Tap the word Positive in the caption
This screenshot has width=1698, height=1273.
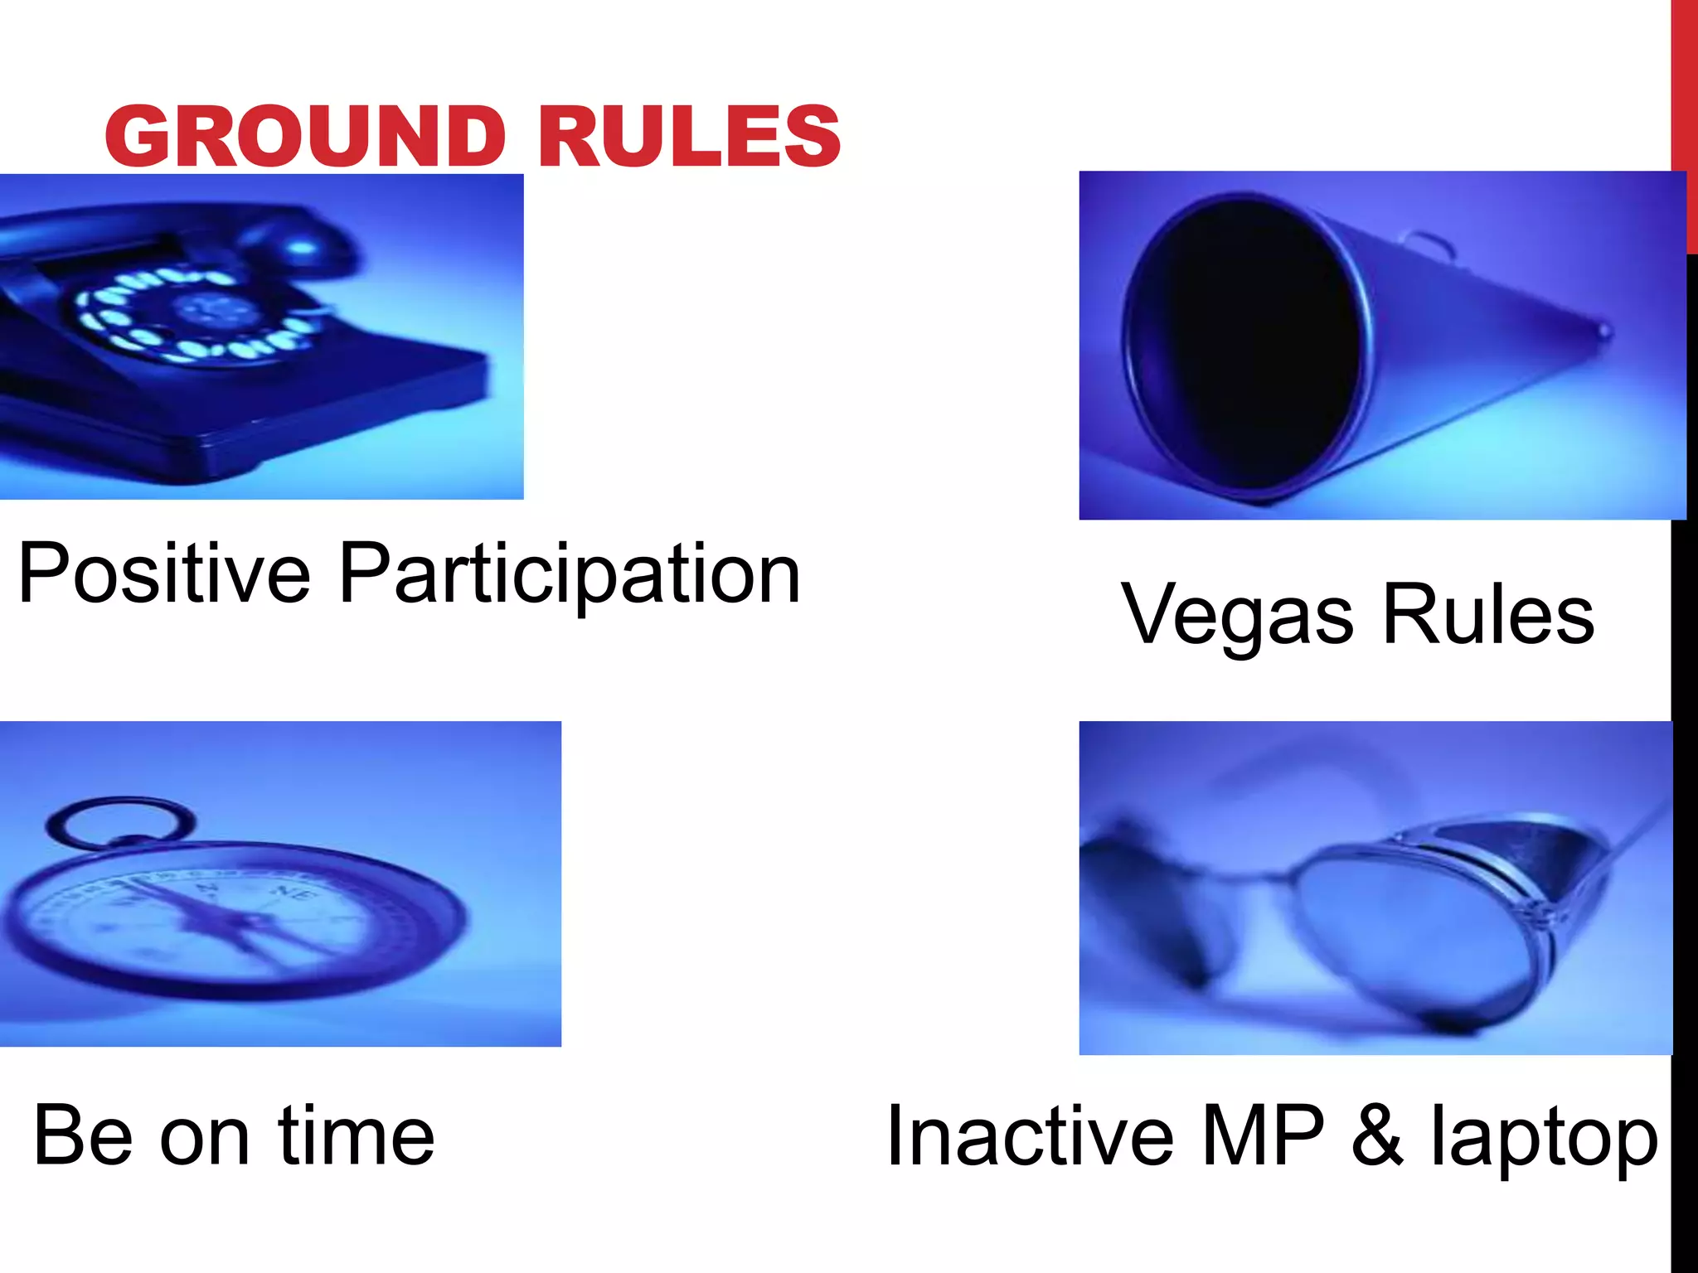click(164, 574)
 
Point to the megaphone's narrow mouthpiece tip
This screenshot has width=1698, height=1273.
click(1604, 332)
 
